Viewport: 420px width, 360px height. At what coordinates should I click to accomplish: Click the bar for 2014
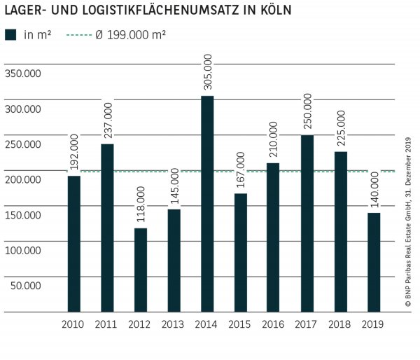[x=206, y=203]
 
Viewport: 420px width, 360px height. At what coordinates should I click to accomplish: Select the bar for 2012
[x=140, y=270]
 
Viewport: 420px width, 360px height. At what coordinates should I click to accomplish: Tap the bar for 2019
[x=374, y=262]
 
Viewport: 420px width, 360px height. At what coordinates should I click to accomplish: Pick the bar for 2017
[x=307, y=223]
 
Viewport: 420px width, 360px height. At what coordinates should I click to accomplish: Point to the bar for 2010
[x=73, y=243]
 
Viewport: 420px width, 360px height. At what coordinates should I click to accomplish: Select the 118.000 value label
[x=140, y=205]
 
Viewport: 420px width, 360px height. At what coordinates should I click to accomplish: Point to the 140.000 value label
[x=374, y=190]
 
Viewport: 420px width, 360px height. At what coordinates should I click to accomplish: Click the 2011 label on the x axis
[x=106, y=324]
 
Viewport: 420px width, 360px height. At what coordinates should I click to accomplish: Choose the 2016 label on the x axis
[x=273, y=324]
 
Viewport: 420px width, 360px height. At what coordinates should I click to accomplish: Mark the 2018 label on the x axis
[x=340, y=324]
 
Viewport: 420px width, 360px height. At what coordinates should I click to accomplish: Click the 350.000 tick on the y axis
[x=22, y=74]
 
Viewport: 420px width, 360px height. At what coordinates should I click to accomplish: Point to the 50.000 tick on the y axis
[x=25, y=286]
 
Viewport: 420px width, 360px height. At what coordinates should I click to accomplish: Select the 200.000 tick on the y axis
[x=22, y=180]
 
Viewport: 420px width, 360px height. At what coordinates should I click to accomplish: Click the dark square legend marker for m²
[x=10, y=35]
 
